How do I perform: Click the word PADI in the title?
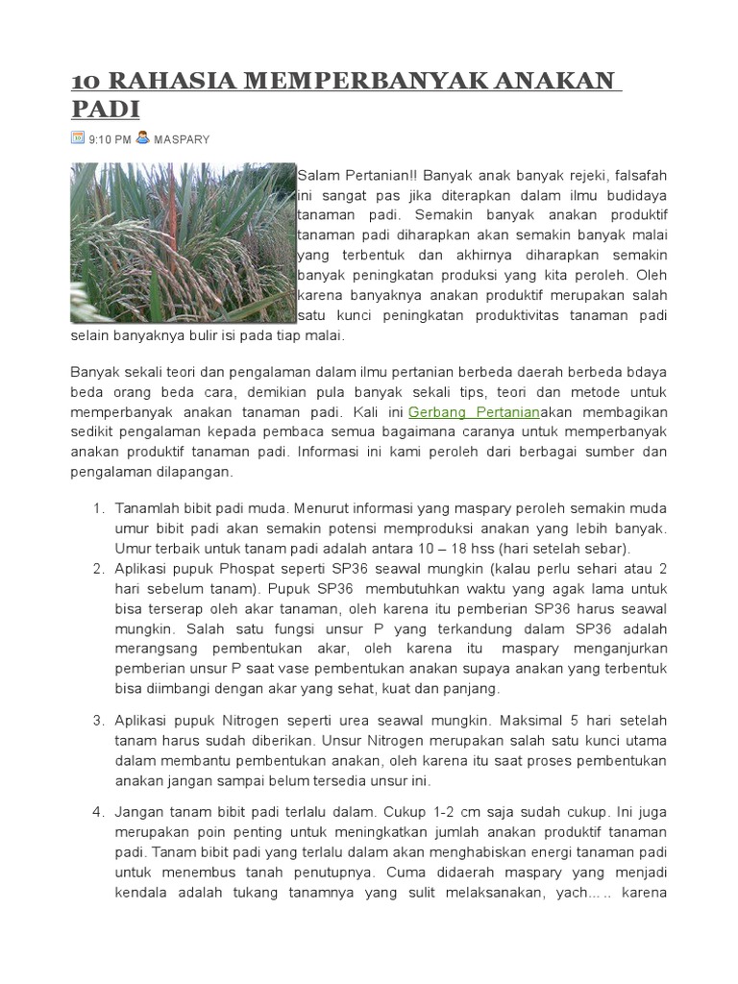pos(105,110)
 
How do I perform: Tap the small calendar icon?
pos(78,137)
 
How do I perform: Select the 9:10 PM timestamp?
pos(110,139)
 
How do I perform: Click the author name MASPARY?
pos(182,139)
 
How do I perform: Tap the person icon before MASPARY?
pos(143,137)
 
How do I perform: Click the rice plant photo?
pos(182,242)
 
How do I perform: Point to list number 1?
pos(98,507)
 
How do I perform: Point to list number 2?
pos(98,568)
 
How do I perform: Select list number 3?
pos(98,720)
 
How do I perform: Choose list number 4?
pos(98,812)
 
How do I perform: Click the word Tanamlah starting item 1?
pos(147,507)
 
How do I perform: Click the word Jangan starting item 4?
pos(140,812)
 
